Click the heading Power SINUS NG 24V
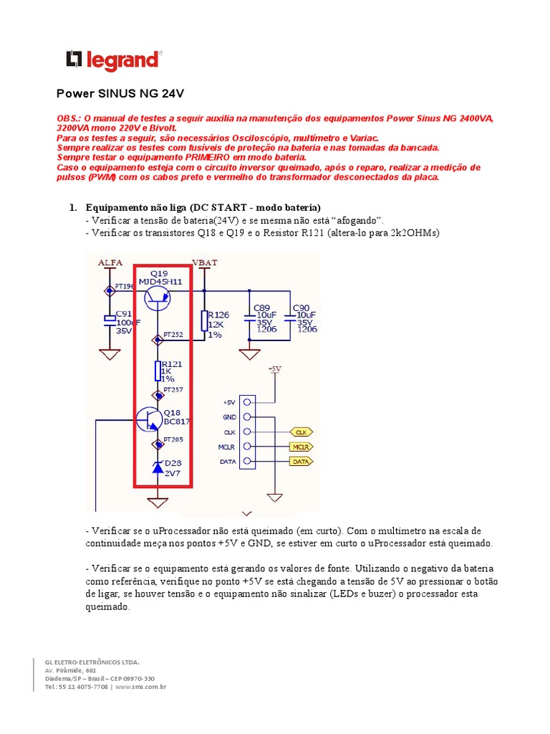(121, 94)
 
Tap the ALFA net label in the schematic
(110, 264)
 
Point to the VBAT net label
(205, 263)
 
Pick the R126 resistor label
(218, 314)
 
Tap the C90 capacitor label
(301, 308)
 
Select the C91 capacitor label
(124, 314)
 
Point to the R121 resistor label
(172, 363)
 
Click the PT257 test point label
(173, 389)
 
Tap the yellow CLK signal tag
(301, 432)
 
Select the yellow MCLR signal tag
(301, 447)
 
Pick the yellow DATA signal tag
(301, 462)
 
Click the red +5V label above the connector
(274, 369)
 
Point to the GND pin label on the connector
(229, 417)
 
